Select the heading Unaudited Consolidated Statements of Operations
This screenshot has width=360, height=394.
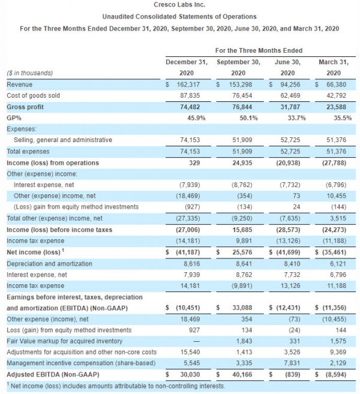tap(180, 17)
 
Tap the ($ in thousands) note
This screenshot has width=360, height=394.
tap(29, 73)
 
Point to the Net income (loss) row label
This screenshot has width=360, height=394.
tap(32, 252)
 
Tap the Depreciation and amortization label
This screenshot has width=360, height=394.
tap(49, 263)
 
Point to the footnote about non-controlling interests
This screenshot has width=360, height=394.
tap(116, 386)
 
